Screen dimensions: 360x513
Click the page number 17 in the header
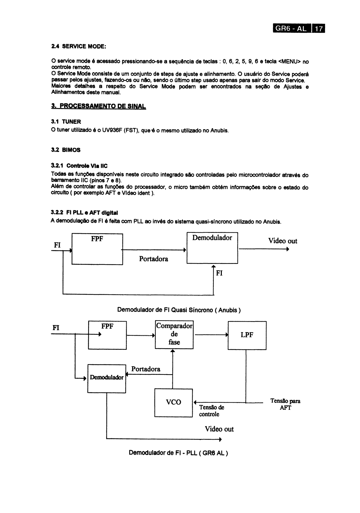point(319,29)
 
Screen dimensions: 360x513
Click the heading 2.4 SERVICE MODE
point(79,46)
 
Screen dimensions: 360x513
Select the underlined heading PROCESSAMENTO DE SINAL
point(99,106)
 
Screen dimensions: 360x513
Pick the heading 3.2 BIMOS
point(66,150)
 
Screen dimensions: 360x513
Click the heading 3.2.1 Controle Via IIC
point(79,166)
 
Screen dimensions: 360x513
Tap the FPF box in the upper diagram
point(97,249)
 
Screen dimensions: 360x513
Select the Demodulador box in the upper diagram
point(212,248)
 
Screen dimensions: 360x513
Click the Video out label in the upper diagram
point(283,241)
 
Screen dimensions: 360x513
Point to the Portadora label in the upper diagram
point(154,259)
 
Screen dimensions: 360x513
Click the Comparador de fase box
point(174,335)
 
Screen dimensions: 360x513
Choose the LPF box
point(247,335)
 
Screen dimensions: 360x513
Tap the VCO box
point(173,403)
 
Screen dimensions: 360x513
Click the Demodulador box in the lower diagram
point(107,379)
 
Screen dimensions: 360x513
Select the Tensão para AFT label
point(285,404)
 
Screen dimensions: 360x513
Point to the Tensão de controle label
point(211,411)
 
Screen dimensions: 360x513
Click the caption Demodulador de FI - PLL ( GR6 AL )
point(178,453)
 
